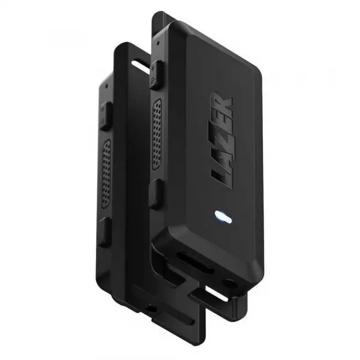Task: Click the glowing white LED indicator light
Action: coord(223,217)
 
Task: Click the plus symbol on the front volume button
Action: coord(153,68)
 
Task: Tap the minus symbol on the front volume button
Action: coord(153,80)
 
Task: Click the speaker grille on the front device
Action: coord(157,134)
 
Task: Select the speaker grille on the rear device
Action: coord(106,173)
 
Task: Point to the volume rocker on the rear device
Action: coord(106,116)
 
